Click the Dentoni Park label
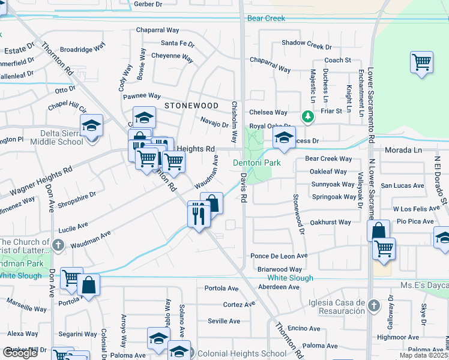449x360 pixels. coord(256,163)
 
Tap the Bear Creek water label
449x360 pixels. coord(266,19)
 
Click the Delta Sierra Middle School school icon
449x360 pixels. coord(91,125)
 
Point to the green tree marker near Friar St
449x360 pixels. coord(307,116)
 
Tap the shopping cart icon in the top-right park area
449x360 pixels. coord(422,62)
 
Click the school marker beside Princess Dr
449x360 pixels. coord(284,137)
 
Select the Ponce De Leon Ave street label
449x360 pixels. coord(279,256)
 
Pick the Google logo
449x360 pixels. coord(20,353)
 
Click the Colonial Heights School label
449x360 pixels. coord(242,354)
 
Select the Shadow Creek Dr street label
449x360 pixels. coord(307,43)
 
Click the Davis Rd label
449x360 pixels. coord(244,188)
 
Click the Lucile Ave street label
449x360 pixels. coord(73,228)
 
